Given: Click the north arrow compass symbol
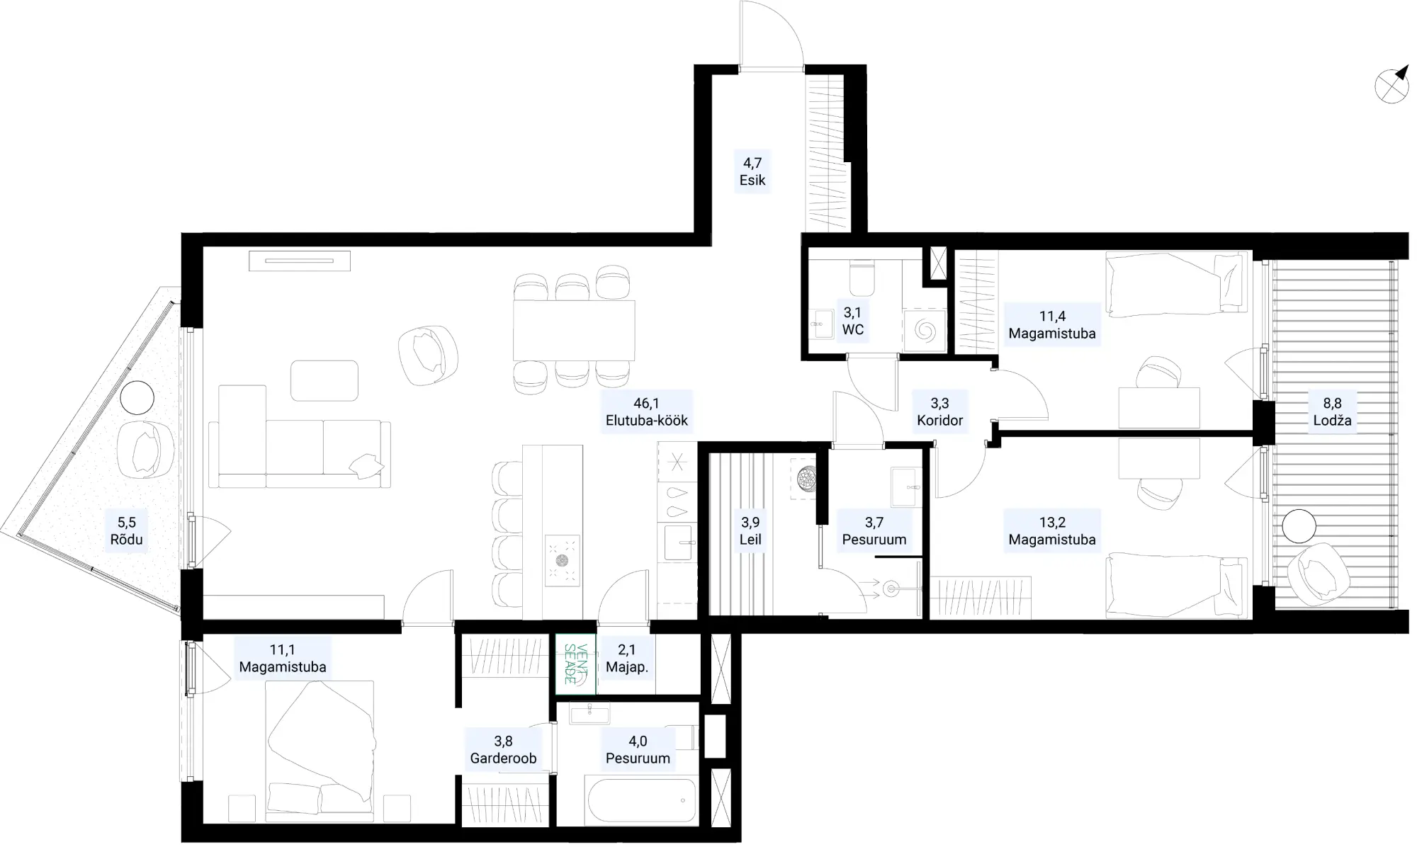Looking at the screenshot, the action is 1391,86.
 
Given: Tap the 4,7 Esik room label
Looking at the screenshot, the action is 752,172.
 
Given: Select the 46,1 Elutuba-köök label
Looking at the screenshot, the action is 647,412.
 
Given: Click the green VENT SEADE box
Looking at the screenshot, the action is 576,664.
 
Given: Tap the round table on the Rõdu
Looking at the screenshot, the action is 137,398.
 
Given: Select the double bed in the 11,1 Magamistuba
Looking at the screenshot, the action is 320,747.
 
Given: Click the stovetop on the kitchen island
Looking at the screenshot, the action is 563,560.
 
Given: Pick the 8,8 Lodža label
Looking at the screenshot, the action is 1332,412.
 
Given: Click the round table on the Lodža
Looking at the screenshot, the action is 1299,526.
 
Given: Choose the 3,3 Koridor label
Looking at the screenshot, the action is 940,412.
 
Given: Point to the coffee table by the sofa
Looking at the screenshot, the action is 324,380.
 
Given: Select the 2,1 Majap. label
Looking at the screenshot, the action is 627,658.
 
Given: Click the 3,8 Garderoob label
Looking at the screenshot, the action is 503,750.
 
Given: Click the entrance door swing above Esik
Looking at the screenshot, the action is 771,35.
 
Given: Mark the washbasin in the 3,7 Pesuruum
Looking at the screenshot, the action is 906,487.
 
